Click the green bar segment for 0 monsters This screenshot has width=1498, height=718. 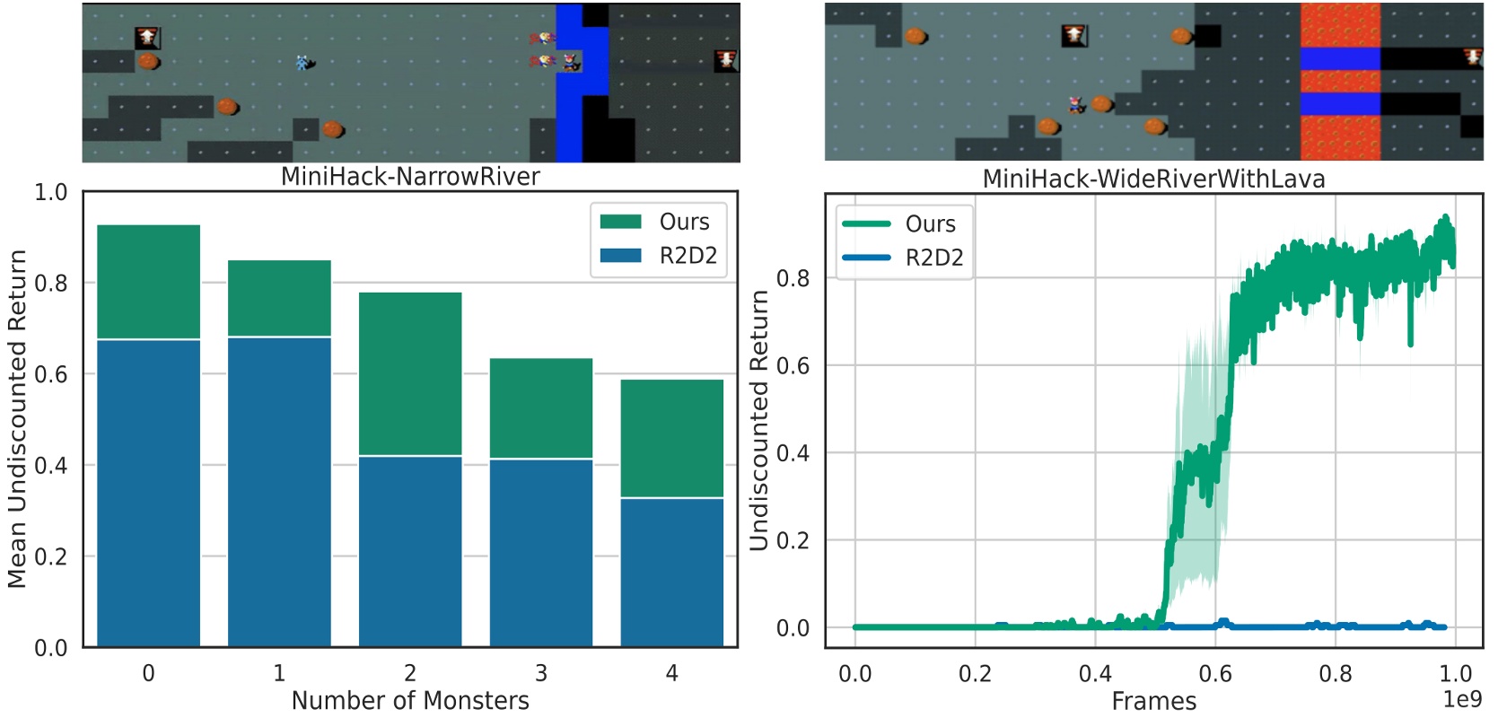[148, 282]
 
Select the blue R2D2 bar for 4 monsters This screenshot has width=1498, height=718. [671, 572]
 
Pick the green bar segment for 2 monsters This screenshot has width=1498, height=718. [410, 373]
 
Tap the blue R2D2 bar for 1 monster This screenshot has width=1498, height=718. [279, 491]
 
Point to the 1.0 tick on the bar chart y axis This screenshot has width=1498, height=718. [50, 192]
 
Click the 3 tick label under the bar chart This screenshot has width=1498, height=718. [541, 673]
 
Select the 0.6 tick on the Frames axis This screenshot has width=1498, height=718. [1215, 673]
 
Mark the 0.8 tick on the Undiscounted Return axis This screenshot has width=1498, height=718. [793, 278]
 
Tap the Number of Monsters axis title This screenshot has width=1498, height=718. [410, 700]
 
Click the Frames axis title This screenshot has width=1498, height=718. [1153, 701]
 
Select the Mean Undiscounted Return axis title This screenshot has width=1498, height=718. [17, 418]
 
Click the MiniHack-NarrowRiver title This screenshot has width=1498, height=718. [410, 176]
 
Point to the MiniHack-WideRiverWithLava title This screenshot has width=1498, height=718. [1153, 179]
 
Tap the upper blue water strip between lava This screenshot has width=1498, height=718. [1339, 59]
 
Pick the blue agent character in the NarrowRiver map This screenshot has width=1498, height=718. [304, 63]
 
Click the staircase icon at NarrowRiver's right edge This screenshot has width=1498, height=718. [726, 60]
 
